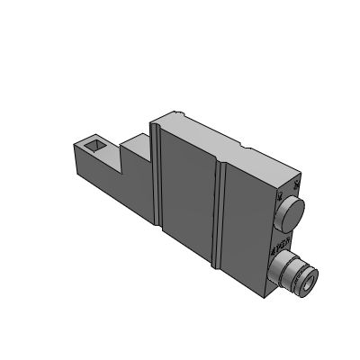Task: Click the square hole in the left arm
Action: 94,144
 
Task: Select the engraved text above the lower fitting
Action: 280,242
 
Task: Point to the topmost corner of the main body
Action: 184,110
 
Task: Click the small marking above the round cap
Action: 280,194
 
